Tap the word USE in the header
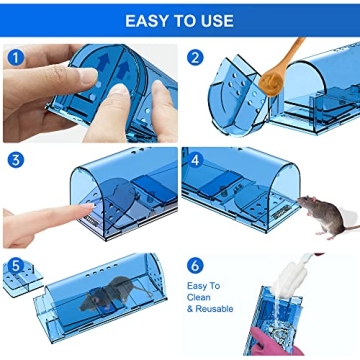click(x=213, y=20)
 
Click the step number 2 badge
click(x=195, y=57)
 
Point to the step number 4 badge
click(x=195, y=159)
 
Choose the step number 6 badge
click(x=195, y=266)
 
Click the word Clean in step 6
click(x=203, y=298)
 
